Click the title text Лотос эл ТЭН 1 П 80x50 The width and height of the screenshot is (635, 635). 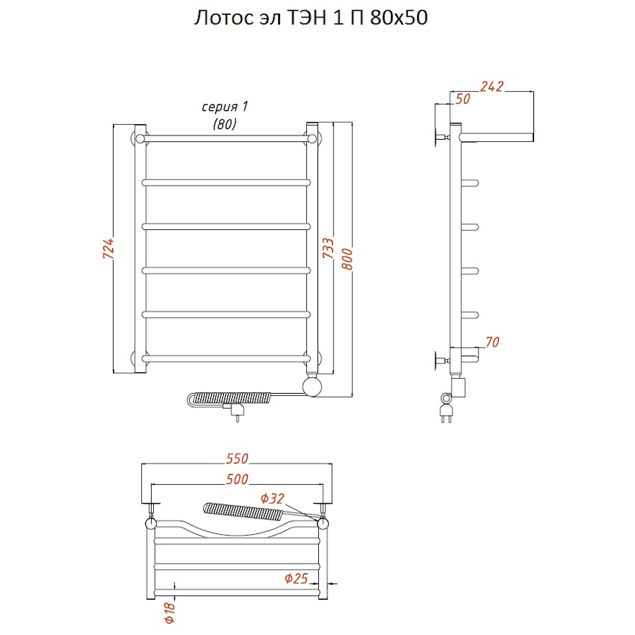(x=310, y=18)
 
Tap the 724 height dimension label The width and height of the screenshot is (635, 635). (x=108, y=248)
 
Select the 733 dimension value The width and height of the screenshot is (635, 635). (x=328, y=248)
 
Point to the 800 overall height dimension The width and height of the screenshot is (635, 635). (x=347, y=259)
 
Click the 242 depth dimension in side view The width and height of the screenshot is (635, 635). (x=492, y=86)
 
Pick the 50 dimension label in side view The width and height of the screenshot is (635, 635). (x=463, y=99)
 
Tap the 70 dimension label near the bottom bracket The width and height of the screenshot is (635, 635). (x=492, y=342)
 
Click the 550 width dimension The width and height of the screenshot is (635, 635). (x=237, y=459)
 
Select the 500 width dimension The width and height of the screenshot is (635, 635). (x=237, y=479)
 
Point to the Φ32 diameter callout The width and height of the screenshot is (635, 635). (x=272, y=498)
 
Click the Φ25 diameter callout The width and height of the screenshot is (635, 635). (x=296, y=579)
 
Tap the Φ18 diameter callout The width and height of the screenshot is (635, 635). (x=169, y=612)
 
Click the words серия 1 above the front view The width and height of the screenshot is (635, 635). (x=225, y=107)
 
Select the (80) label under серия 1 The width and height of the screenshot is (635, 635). (x=225, y=123)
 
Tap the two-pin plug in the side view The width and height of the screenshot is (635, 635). (x=446, y=413)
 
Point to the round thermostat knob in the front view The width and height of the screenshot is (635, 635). (x=313, y=387)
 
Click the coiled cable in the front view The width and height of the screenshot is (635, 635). (x=230, y=398)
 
